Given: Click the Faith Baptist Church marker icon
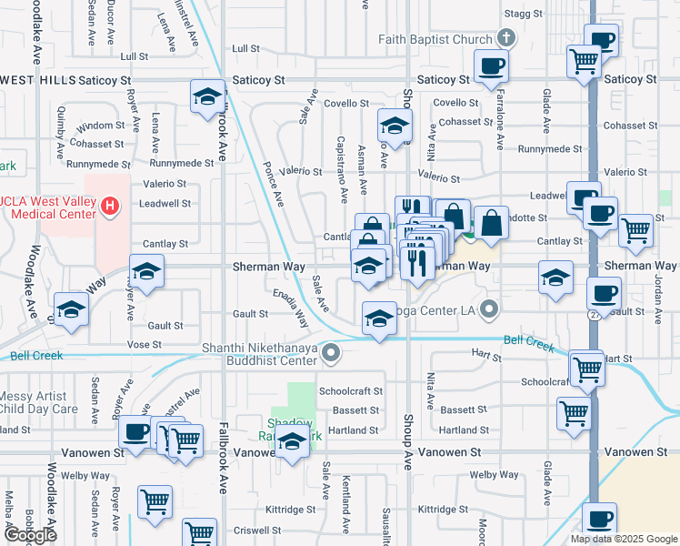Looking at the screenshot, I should [507, 38].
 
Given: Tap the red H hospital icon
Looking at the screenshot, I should [110, 207].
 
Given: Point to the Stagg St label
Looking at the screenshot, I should [524, 15].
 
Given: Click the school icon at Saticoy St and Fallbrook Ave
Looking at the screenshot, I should [207, 96].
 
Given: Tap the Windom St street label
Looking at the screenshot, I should [101, 125].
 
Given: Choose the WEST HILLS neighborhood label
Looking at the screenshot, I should [35, 80].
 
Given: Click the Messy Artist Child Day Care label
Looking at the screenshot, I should [38, 402].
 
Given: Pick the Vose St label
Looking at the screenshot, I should [144, 345].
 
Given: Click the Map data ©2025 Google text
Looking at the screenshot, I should [623, 539].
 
